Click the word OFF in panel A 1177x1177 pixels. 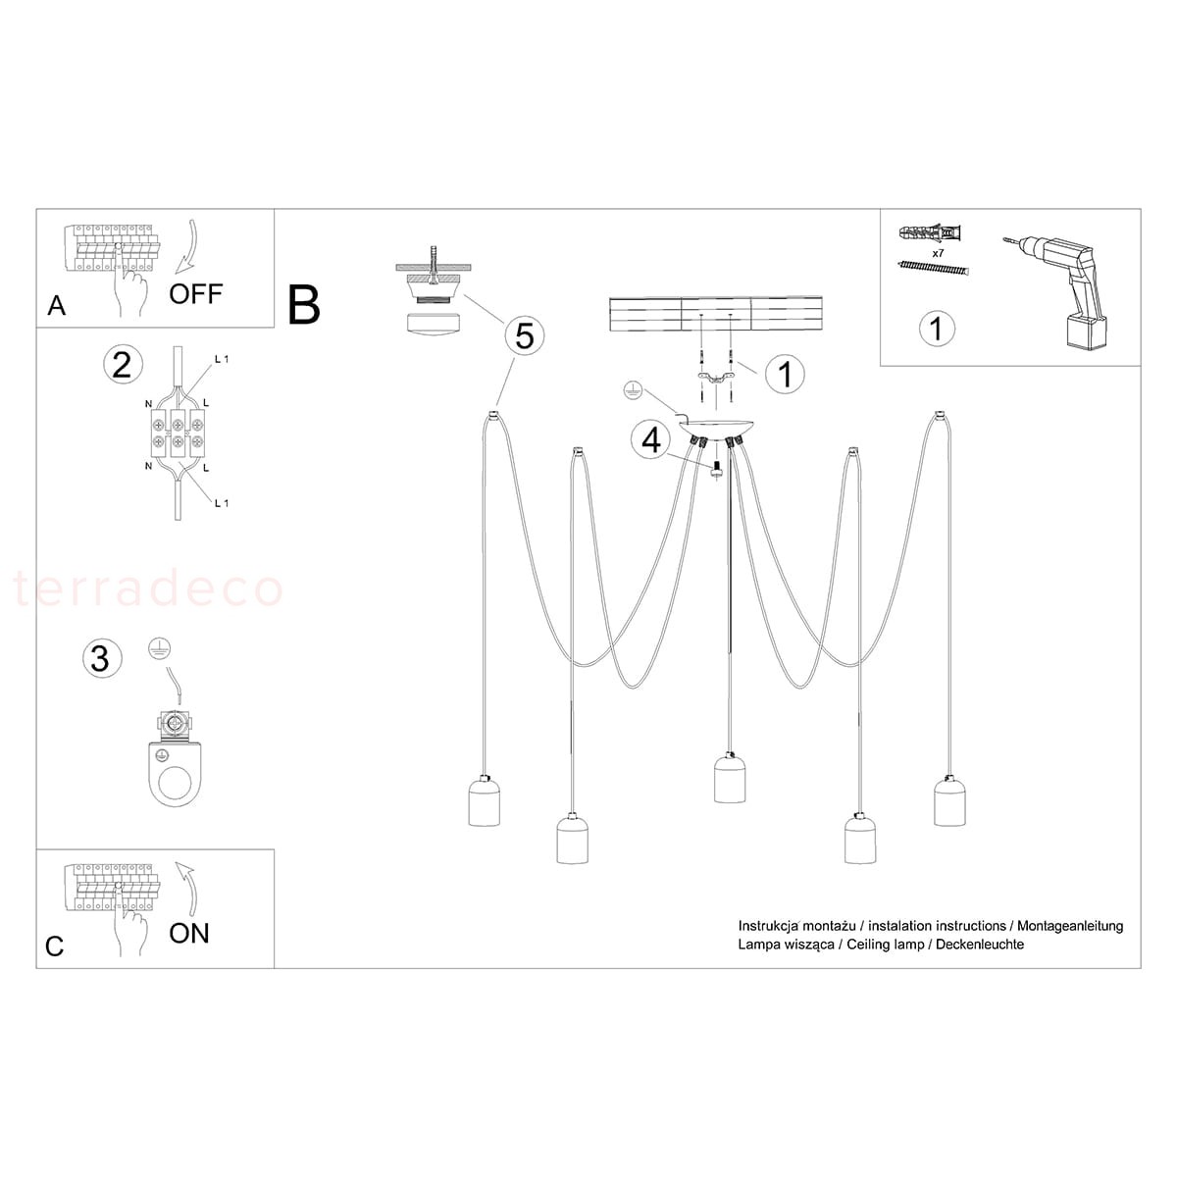pos(195,294)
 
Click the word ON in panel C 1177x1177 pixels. pos(189,934)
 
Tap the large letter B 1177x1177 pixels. pos(303,305)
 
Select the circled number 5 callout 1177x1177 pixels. pos(525,335)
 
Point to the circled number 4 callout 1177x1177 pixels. pos(651,440)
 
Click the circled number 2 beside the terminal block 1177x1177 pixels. pos(123,365)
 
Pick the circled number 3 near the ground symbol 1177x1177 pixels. pos(102,658)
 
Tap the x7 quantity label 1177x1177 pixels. pos(938,252)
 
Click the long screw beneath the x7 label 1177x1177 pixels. pos(934,267)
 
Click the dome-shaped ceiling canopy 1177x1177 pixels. pos(715,429)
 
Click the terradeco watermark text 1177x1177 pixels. pos(148,588)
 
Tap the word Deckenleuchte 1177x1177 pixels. pos(980,945)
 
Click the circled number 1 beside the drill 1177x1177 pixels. pos(937,328)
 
